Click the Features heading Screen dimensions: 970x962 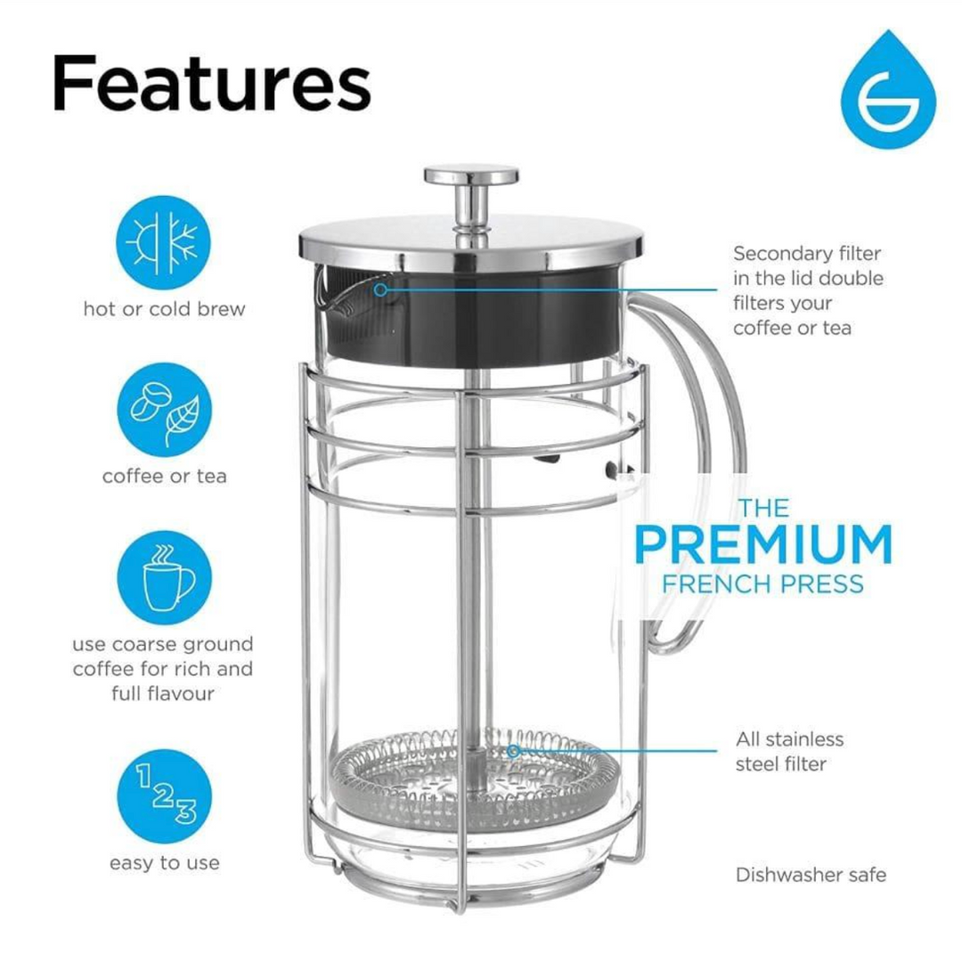tap(211, 82)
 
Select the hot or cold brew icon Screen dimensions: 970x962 tap(164, 242)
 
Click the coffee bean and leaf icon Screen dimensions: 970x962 tap(164, 409)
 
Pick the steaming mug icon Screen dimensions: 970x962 tap(164, 576)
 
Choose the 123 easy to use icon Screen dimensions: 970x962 tap(164, 795)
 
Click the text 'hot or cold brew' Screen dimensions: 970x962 tap(164, 309)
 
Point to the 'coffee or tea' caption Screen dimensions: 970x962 tap(164, 476)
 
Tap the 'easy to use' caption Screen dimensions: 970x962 tap(164, 863)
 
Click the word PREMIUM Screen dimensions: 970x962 tap(762, 545)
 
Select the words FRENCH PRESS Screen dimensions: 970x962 tap(762, 584)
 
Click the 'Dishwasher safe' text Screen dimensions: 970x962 tap(811, 875)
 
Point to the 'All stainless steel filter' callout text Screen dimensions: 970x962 tap(789, 751)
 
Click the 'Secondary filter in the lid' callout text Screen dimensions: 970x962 tap(808, 290)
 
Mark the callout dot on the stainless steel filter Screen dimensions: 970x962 tap(514, 751)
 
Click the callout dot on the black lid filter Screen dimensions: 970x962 tap(380, 289)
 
